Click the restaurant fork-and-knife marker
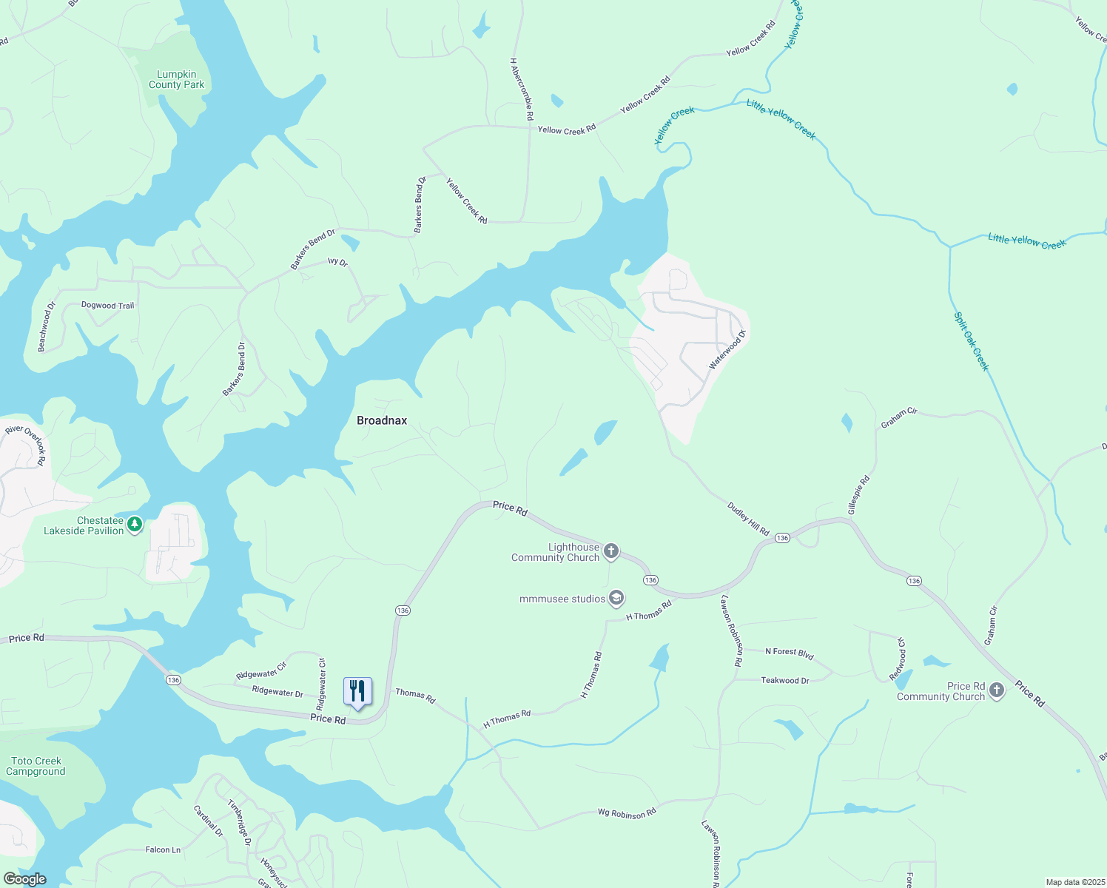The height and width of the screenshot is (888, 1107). (357, 691)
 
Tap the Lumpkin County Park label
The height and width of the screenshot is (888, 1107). (176, 79)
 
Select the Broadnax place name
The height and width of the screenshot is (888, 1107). (382, 420)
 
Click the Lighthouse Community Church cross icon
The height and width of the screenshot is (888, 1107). (610, 551)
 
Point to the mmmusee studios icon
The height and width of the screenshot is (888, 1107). (616, 599)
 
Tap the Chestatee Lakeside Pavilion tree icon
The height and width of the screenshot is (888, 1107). (134, 525)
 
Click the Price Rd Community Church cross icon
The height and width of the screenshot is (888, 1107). (997, 690)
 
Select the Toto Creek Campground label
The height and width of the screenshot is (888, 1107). (36, 766)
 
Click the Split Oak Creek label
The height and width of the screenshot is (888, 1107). (971, 341)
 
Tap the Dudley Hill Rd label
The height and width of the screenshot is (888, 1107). (748, 519)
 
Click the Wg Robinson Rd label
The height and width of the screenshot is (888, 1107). (627, 813)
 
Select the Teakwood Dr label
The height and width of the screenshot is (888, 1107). (784, 680)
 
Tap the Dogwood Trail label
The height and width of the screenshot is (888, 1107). (107, 305)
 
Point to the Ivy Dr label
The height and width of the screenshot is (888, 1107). (337, 261)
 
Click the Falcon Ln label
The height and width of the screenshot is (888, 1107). (163, 850)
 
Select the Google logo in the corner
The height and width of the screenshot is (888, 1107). (25, 879)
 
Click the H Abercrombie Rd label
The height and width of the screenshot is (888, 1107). (521, 90)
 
